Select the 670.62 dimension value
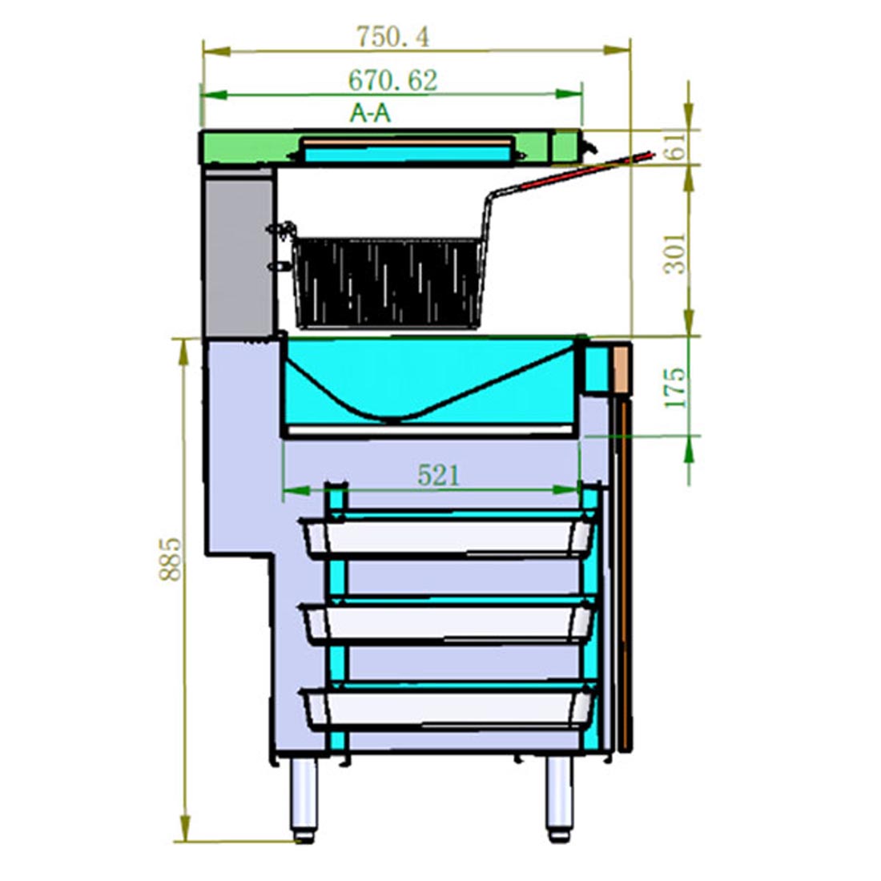click(x=392, y=79)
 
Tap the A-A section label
click(x=371, y=114)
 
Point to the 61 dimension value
click(x=677, y=147)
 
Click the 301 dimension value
click(x=677, y=253)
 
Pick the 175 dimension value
click(x=677, y=387)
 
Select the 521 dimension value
click(x=439, y=475)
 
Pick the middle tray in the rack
click(x=449, y=622)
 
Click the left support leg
click(x=304, y=797)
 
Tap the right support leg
click(x=559, y=797)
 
